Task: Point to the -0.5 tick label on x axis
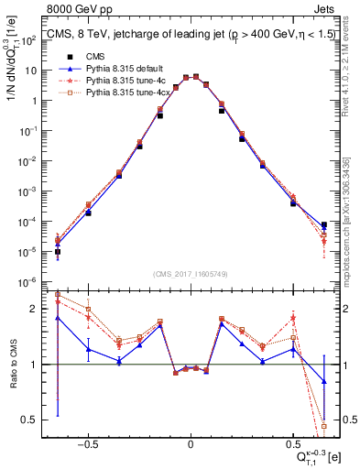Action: [87, 441]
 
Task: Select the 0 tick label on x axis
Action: [191, 441]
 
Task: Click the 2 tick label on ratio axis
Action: [38, 309]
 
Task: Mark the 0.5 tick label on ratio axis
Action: [34, 420]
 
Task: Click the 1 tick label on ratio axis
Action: [38, 365]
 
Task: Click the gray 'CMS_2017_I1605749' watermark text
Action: [191, 274]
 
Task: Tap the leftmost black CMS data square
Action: [58, 252]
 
